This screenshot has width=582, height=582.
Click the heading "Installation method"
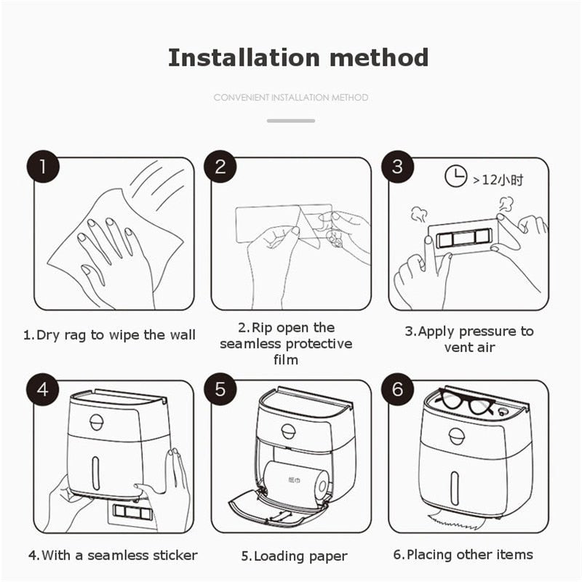click(x=298, y=57)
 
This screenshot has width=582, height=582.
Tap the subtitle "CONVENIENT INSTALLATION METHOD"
click(x=291, y=97)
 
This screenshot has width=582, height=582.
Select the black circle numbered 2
click(x=220, y=167)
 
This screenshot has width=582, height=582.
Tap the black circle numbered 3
click(x=397, y=167)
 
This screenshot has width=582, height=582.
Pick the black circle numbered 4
click(x=43, y=389)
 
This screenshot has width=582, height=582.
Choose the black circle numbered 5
click(x=220, y=389)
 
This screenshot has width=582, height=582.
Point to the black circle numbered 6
click(x=397, y=389)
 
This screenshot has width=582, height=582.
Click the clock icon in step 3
click(x=456, y=178)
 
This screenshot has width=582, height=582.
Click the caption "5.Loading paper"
click(x=295, y=557)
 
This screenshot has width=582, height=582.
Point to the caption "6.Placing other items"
click(x=463, y=554)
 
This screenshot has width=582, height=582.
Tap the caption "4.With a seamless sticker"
click(x=113, y=555)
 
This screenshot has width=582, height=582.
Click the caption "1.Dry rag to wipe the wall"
click(x=109, y=335)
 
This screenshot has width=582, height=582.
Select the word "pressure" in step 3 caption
click(x=488, y=332)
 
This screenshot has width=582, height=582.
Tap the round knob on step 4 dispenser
click(x=97, y=422)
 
